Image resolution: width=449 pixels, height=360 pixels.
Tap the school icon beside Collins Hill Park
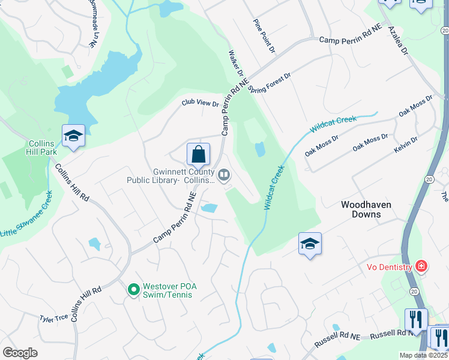click(x=73, y=136)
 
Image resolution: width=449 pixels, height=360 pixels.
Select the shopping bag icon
click(x=198, y=155)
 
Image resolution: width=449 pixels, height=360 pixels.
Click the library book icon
click(x=224, y=175)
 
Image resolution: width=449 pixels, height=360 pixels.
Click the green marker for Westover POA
click(x=133, y=290)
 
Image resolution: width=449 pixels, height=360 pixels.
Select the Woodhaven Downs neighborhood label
click(x=366, y=209)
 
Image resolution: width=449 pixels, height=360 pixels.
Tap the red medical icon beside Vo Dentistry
click(x=421, y=266)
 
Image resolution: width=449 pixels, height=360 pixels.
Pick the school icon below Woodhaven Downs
click(x=310, y=244)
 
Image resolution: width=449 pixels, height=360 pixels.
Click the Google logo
click(x=20, y=352)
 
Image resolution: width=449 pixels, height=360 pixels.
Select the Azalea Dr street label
click(x=397, y=40)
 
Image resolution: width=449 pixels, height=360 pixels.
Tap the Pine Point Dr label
click(x=264, y=36)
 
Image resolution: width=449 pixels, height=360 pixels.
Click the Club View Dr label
click(x=200, y=103)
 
